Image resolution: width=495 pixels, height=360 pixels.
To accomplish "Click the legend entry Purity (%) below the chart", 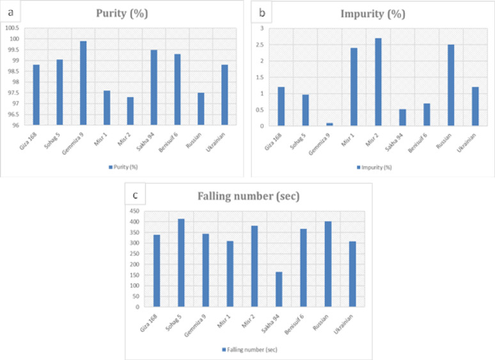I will (x=123, y=168).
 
